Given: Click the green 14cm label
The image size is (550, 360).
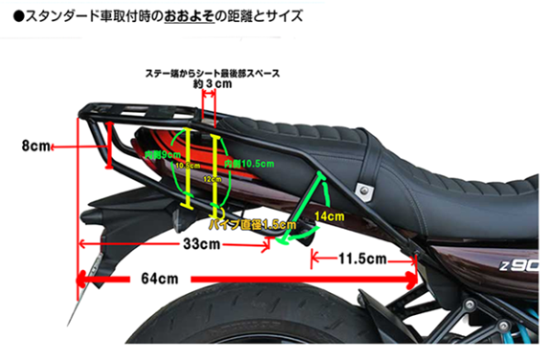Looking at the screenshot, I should click(326, 217).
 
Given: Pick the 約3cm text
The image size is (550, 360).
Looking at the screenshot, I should click(210, 83).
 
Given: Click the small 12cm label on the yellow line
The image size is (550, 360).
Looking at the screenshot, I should click(213, 180).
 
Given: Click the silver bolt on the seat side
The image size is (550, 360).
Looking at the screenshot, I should click(366, 191).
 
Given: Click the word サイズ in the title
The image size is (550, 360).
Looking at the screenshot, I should click(281, 16).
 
